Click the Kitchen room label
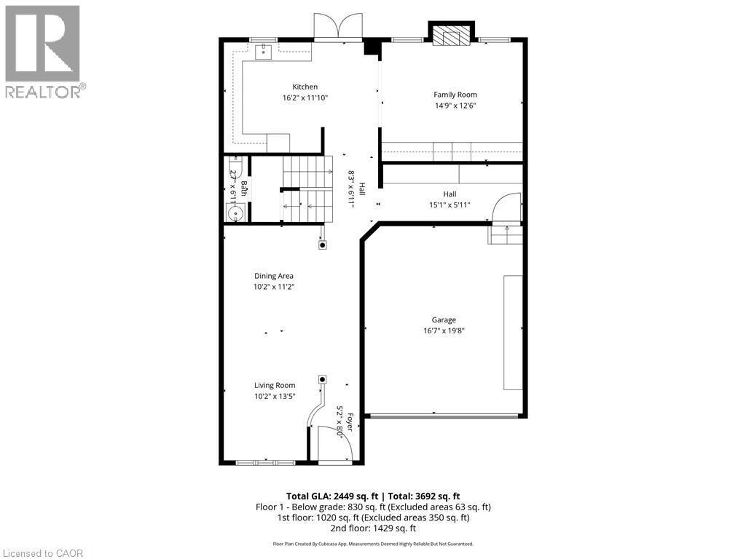coord(305,87)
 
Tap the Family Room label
coord(455,95)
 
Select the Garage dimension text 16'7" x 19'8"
coord(443,330)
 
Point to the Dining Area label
coord(273,276)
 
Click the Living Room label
coord(274,385)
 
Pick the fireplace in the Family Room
coord(452,36)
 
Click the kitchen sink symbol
coord(263,50)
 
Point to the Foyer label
coord(349,423)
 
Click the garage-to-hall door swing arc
coord(506,208)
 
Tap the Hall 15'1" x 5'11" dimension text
coord(449,205)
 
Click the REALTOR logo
coord(43,52)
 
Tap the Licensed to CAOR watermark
coord(43,553)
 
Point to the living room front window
coord(265,461)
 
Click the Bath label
coord(245,188)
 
